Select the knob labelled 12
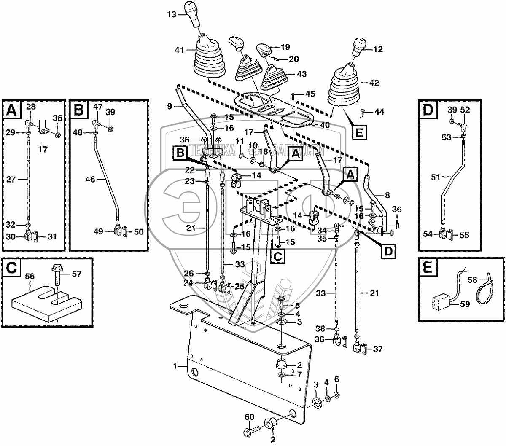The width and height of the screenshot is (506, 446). coord(359,46)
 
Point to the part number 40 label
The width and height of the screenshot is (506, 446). coord(325,125)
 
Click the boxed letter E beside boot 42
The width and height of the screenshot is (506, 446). coord(359,132)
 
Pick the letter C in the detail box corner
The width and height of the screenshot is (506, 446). coord(10,267)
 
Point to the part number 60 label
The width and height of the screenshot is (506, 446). coord(250,417)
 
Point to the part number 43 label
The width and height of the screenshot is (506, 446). coord(301,74)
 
